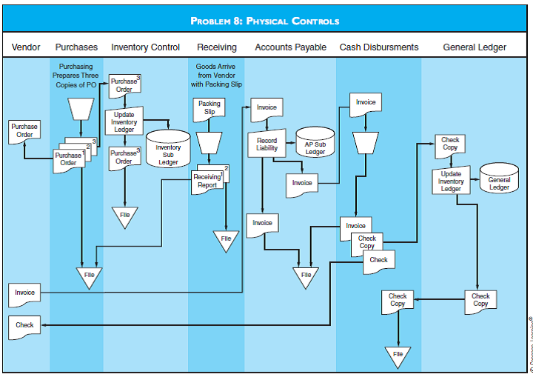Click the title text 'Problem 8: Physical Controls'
click(265, 21)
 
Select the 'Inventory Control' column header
click(145, 47)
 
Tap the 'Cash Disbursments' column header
click(379, 47)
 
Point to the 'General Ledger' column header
click(475, 47)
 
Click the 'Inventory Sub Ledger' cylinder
click(168, 151)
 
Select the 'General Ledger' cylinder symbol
click(499, 180)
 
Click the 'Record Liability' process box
click(266, 144)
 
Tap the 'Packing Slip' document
click(209, 108)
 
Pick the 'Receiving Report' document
click(207, 181)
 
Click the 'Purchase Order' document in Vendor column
click(24, 130)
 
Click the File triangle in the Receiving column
click(226, 241)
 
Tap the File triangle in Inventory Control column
click(124, 216)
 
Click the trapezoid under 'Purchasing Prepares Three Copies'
click(80, 109)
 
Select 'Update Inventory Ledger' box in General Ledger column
click(451, 181)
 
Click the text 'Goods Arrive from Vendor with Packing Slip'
click(216, 76)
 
